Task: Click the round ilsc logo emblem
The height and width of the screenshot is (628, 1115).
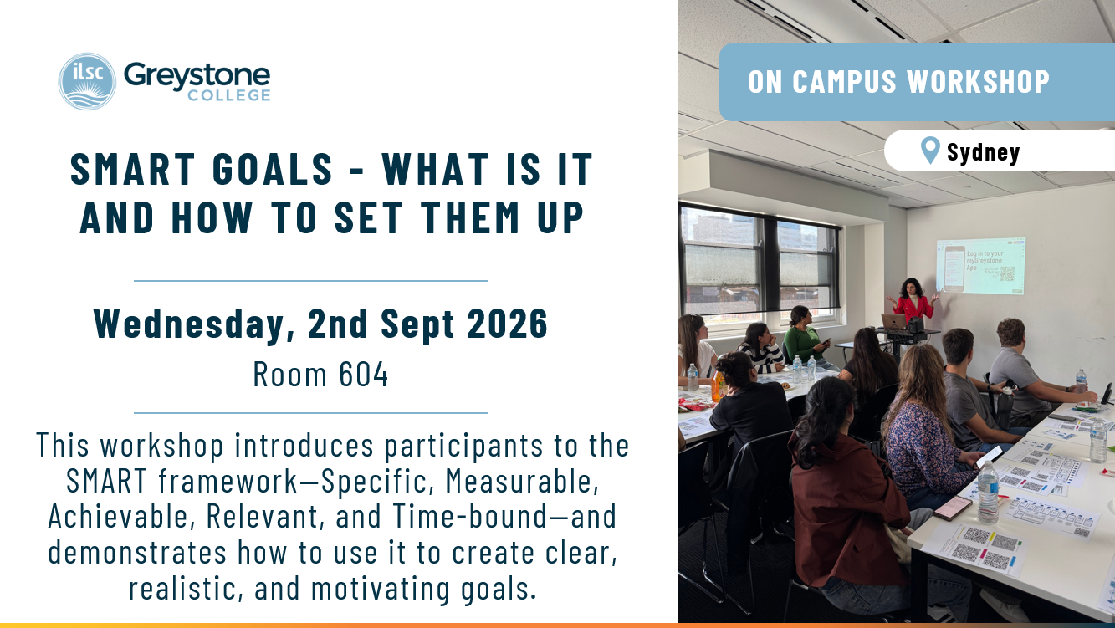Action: point(87,81)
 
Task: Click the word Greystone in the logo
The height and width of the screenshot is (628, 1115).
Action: point(197,76)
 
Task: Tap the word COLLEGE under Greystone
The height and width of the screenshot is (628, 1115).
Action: point(229,95)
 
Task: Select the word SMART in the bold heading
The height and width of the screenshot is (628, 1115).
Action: point(132,169)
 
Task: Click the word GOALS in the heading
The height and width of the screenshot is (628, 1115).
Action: point(273,169)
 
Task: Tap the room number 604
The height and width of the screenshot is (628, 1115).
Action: point(363,375)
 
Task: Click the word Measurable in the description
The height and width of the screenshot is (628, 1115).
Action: point(522,481)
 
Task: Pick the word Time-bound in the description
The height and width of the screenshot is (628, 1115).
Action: point(470,516)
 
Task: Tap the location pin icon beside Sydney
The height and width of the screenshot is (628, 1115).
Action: point(930,151)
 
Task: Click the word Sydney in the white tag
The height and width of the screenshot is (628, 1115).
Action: point(983,152)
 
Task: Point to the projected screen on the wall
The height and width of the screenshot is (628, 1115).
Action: point(980,266)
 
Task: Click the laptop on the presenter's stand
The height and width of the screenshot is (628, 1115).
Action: point(894,321)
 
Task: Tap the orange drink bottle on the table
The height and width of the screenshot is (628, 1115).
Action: point(718,386)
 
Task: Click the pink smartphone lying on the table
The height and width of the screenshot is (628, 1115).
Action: point(953,508)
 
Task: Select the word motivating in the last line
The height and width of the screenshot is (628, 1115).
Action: point(381,588)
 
